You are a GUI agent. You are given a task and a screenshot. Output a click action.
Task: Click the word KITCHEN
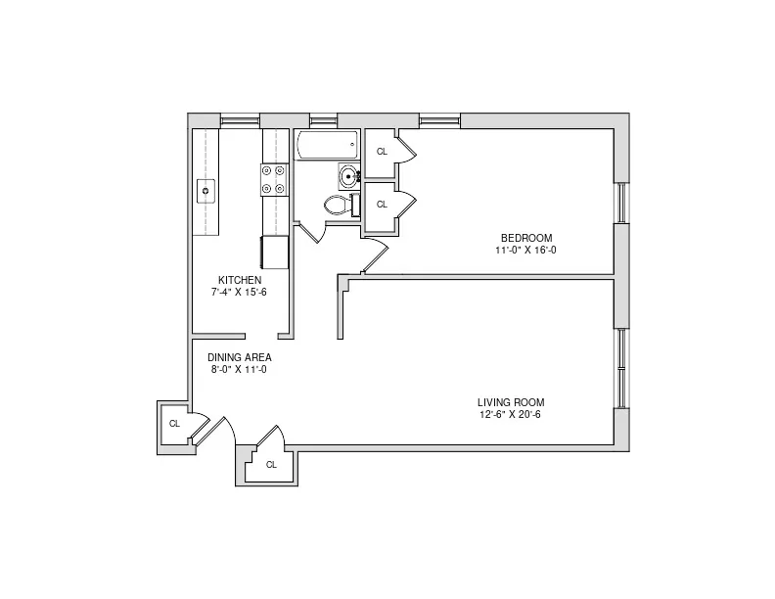coord(240,280)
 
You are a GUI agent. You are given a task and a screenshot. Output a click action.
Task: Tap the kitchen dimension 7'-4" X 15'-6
coord(240,292)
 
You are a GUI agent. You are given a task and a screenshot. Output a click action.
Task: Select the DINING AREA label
coord(240,357)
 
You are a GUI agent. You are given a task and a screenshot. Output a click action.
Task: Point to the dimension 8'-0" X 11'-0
coord(240,369)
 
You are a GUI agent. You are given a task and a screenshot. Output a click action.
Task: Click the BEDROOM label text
coord(526,238)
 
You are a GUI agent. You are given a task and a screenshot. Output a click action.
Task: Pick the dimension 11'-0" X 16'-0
coord(526,250)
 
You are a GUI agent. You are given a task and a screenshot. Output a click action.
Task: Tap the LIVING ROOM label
coord(511,402)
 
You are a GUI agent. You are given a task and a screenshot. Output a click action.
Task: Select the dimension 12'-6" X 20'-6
coord(511,414)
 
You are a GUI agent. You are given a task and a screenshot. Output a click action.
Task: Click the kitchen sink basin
coord(205,190)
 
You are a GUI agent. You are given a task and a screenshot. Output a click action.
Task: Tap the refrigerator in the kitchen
coord(274,251)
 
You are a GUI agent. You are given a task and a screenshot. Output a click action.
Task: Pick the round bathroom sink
coord(347,177)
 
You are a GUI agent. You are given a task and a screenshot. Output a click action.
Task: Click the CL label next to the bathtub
coord(382,152)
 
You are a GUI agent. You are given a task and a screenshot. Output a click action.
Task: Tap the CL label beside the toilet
coord(382,204)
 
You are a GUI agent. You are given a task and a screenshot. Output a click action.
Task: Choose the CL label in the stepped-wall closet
coord(271,464)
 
